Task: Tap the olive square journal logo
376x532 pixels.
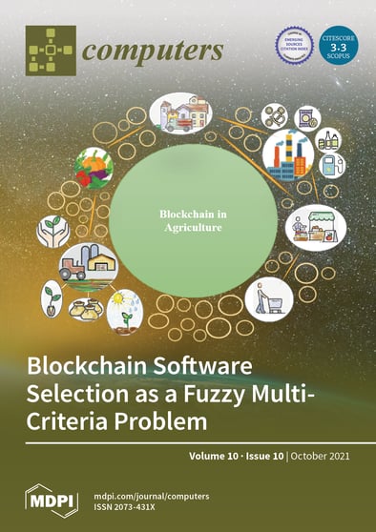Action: (50, 50)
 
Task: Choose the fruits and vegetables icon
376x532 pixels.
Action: (94, 169)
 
